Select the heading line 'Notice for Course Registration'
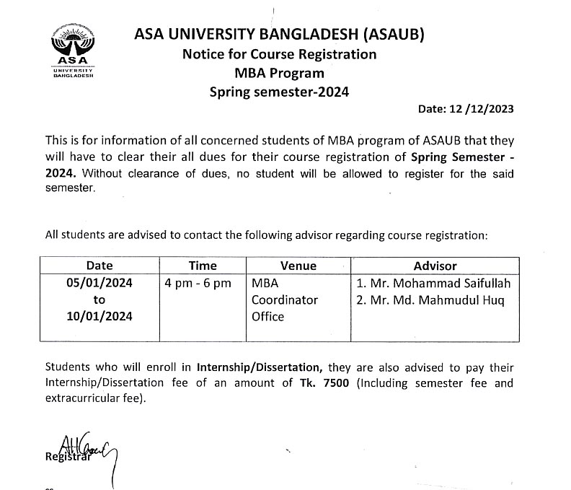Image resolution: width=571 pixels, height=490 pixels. (x=279, y=54)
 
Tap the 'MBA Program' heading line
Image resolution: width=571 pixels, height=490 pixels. (x=279, y=73)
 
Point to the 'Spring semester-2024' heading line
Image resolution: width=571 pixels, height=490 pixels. (x=279, y=92)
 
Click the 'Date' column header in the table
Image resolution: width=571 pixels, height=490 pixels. (x=99, y=266)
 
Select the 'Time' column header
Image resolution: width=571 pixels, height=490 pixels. (x=202, y=266)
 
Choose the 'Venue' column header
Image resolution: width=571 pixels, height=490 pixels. (x=298, y=266)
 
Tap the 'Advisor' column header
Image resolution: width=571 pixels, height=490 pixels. (x=435, y=266)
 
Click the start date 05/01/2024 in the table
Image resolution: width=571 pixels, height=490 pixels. (x=99, y=283)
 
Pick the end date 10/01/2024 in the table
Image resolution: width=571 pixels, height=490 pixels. (x=99, y=316)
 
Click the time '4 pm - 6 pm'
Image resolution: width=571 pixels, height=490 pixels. (x=198, y=283)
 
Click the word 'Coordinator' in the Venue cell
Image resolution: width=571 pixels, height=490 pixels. (x=284, y=299)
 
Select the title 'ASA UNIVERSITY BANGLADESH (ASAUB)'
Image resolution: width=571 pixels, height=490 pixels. (x=279, y=34)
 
